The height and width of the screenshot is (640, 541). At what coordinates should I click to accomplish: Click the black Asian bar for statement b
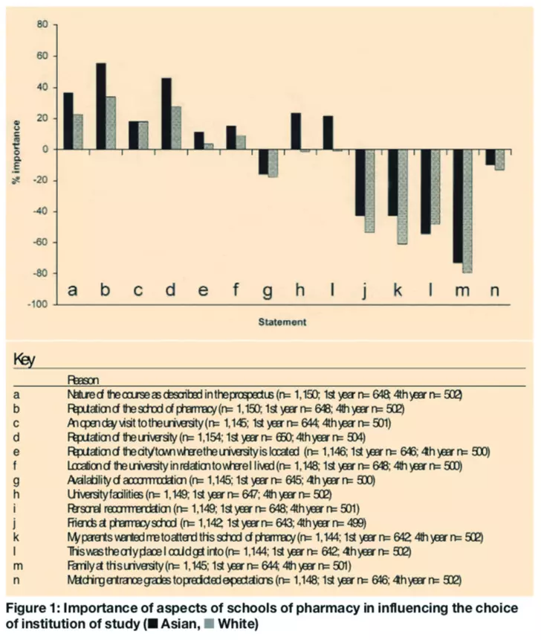101,106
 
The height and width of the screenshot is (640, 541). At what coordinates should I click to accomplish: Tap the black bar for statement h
296,131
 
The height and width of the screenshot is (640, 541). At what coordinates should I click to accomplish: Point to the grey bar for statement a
78,132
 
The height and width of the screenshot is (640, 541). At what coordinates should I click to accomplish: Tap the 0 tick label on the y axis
45,150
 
